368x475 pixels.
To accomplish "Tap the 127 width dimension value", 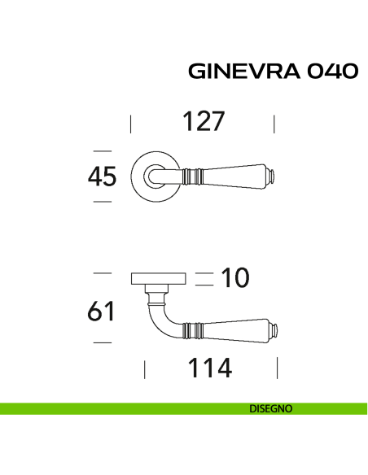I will click(203, 122).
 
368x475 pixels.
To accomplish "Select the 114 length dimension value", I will click(210, 368).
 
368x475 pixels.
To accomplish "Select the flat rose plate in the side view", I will click(159, 279).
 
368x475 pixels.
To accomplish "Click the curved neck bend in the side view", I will click(156, 317).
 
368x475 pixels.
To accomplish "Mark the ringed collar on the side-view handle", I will click(193, 329).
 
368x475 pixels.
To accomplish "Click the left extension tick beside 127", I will click(131, 124).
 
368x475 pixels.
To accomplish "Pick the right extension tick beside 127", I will click(274, 124).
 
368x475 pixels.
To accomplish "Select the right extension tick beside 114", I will click(277, 369).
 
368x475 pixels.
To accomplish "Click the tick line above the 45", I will click(102, 150).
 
